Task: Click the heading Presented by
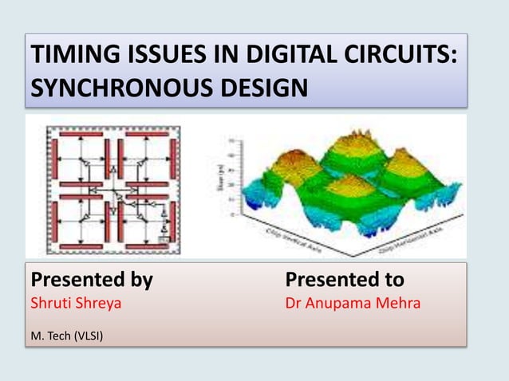pos(91,280)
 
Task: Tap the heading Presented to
pos(345,280)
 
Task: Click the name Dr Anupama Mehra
pos(353,304)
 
